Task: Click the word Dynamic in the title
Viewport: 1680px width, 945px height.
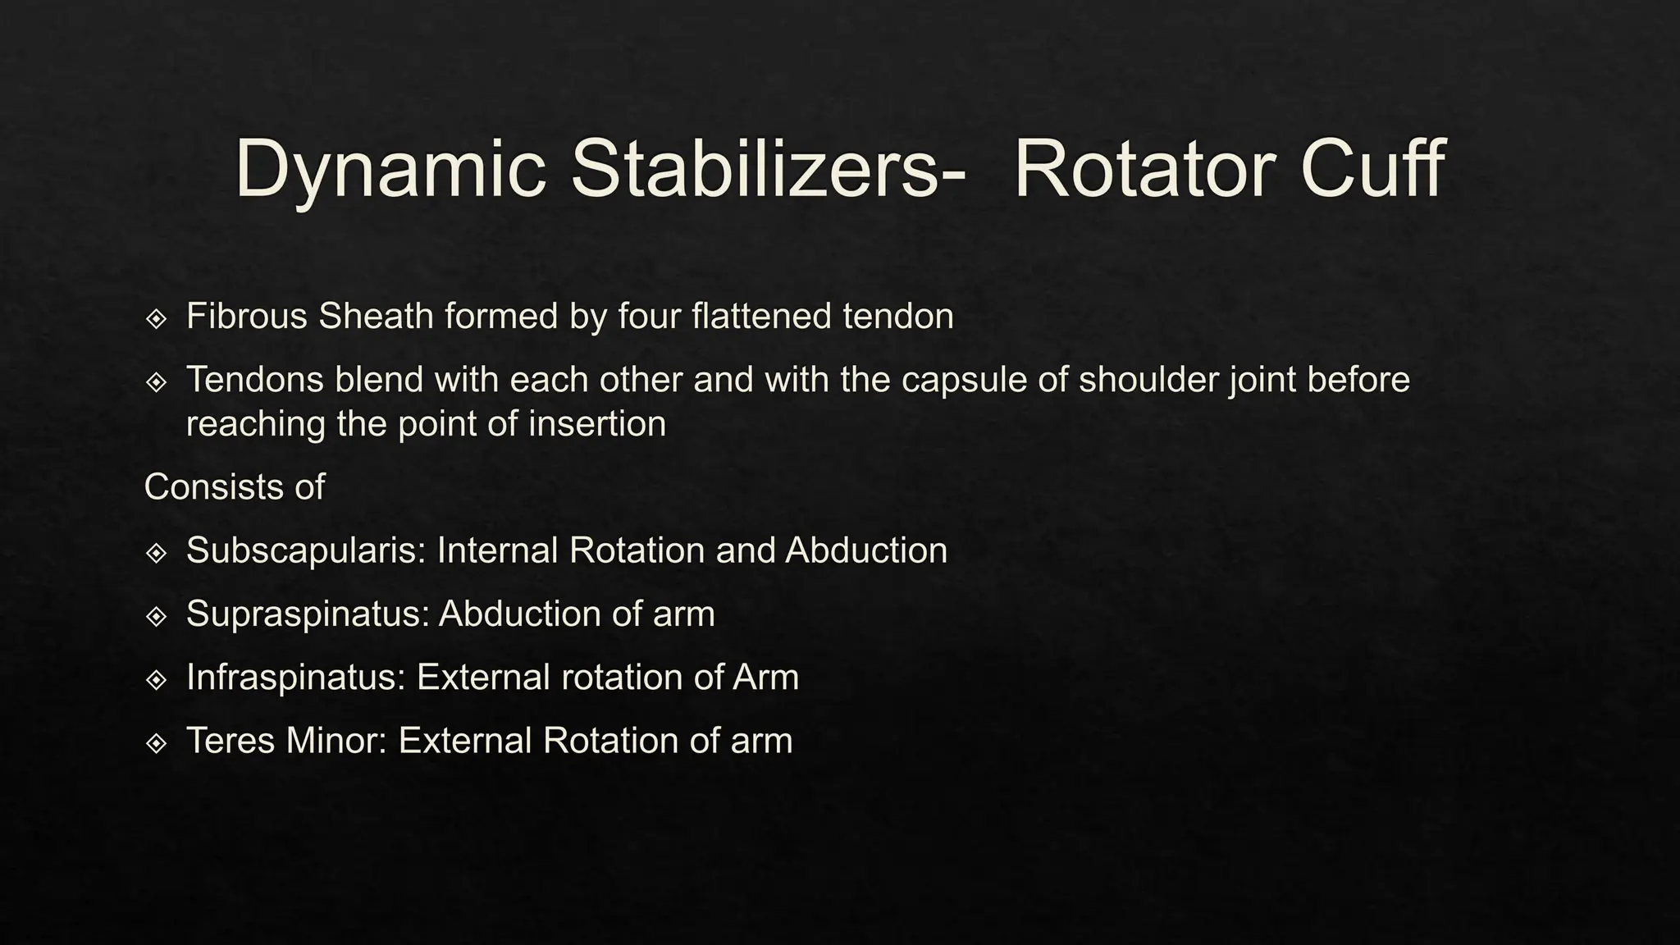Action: pos(390,170)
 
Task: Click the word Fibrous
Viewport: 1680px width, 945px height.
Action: pos(246,317)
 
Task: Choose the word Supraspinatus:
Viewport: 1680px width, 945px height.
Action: pos(308,614)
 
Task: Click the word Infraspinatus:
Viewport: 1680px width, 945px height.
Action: pos(296,678)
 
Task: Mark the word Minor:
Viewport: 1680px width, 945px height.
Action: pos(336,741)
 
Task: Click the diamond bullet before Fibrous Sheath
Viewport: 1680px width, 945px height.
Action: pos(156,318)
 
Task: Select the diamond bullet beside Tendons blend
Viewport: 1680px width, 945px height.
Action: pos(156,381)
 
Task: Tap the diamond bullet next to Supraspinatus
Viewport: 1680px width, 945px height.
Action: pos(156,616)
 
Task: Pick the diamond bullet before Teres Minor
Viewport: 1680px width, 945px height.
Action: pos(156,743)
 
